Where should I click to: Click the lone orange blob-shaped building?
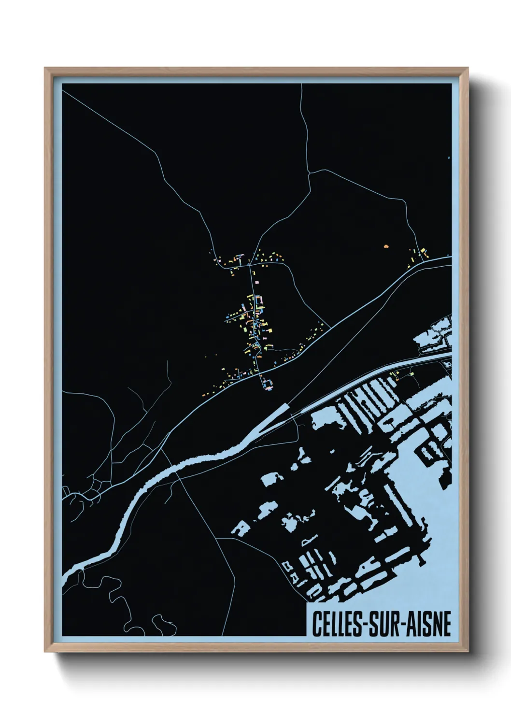[x=386, y=246]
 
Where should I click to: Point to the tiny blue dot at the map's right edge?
[x=449, y=157]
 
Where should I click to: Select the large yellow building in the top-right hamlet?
[x=425, y=252]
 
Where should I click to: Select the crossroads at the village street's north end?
[x=249, y=265]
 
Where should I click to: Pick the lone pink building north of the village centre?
[x=256, y=280]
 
